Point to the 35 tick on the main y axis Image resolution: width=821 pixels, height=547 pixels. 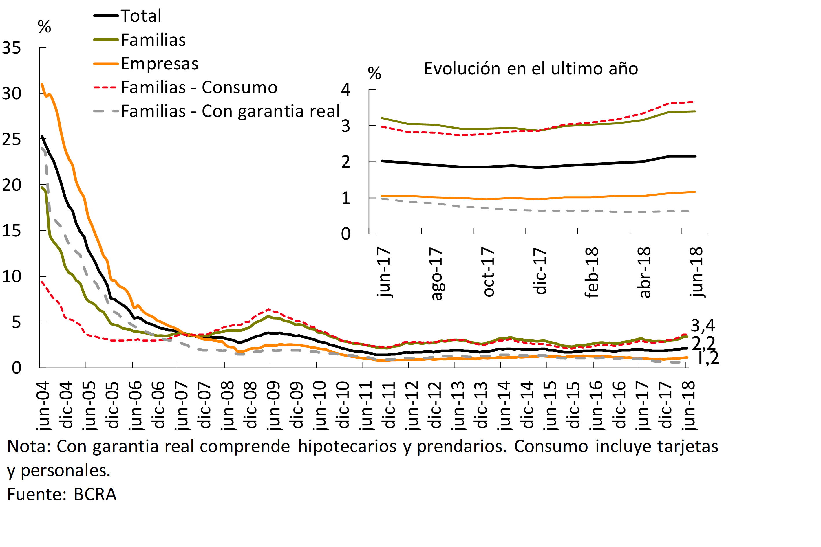(12, 48)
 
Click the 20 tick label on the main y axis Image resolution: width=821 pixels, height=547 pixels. (12, 185)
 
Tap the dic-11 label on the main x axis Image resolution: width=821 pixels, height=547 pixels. (388, 405)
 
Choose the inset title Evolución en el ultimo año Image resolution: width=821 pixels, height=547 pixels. (531, 69)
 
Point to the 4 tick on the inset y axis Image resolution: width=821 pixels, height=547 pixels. (345, 90)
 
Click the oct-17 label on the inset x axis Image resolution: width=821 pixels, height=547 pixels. (488, 272)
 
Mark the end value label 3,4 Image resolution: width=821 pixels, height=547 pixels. (703, 326)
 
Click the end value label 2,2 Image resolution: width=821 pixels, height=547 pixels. (703, 344)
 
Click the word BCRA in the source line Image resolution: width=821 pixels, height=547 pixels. (95, 494)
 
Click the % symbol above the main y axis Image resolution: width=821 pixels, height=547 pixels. (44, 27)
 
